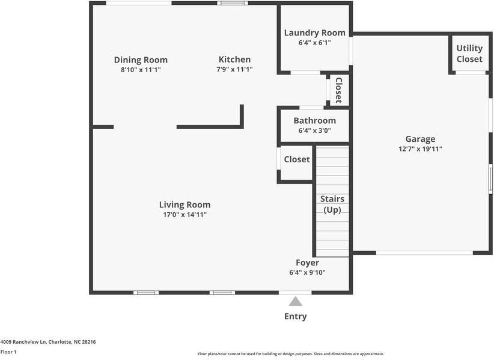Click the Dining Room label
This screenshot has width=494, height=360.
[141, 59]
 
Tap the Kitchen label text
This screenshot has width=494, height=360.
[234, 59]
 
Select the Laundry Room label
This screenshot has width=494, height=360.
[314, 32]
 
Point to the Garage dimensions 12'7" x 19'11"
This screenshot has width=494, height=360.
[420, 149]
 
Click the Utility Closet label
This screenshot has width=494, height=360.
[469, 53]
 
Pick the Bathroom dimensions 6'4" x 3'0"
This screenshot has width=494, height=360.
[314, 130]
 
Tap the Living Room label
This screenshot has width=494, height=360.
[184, 204]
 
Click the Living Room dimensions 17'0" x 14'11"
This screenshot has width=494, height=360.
[184, 215]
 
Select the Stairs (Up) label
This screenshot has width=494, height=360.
[332, 204]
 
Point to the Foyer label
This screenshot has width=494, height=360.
[307, 263]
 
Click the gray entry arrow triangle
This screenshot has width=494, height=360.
[295, 301]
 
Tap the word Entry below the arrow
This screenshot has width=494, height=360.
[295, 316]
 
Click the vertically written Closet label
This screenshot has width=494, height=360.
[339, 90]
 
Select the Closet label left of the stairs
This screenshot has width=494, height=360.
[297, 159]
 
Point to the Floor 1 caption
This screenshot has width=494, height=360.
[8, 352]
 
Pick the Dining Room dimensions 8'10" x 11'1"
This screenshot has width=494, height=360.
[141, 70]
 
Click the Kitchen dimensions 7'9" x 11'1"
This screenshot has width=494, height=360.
[234, 70]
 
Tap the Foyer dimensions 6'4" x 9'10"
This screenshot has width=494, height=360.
[307, 273]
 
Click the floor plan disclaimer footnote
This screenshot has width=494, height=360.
[291, 354]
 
